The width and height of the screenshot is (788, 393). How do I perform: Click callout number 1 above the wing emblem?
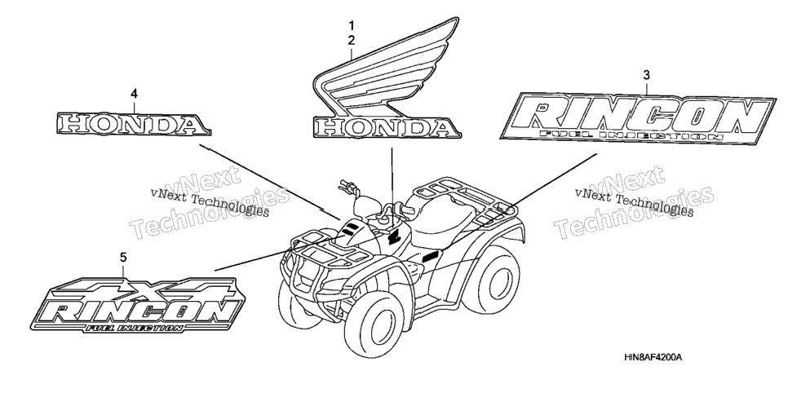pyautogui.click(x=352, y=25)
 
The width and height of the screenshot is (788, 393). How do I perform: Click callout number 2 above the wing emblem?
pyautogui.click(x=352, y=40)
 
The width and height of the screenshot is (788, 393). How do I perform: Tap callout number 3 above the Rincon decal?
pyautogui.click(x=646, y=75)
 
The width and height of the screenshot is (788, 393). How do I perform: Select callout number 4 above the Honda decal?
pyautogui.click(x=134, y=94)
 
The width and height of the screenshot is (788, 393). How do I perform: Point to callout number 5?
pyautogui.click(x=123, y=258)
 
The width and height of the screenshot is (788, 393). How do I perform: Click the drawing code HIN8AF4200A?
pyautogui.click(x=653, y=358)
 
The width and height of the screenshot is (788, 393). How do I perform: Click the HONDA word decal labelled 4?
pyautogui.click(x=133, y=124)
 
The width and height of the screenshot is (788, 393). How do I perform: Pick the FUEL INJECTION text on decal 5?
pyautogui.click(x=134, y=328)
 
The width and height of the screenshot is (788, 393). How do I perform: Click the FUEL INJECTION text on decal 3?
pyautogui.click(x=631, y=135)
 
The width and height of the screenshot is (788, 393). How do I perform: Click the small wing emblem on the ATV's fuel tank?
pyautogui.click(x=393, y=235)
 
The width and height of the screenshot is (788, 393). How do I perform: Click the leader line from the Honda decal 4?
pyautogui.click(x=269, y=183)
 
